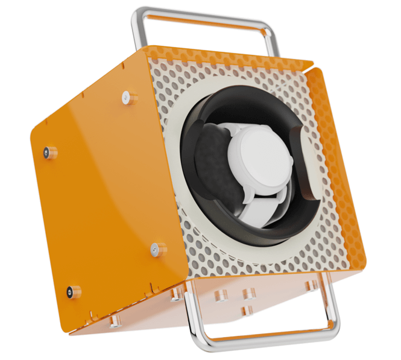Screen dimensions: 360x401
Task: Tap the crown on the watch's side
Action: click(x=294, y=163)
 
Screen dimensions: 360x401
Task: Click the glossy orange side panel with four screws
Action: click(x=103, y=199)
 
